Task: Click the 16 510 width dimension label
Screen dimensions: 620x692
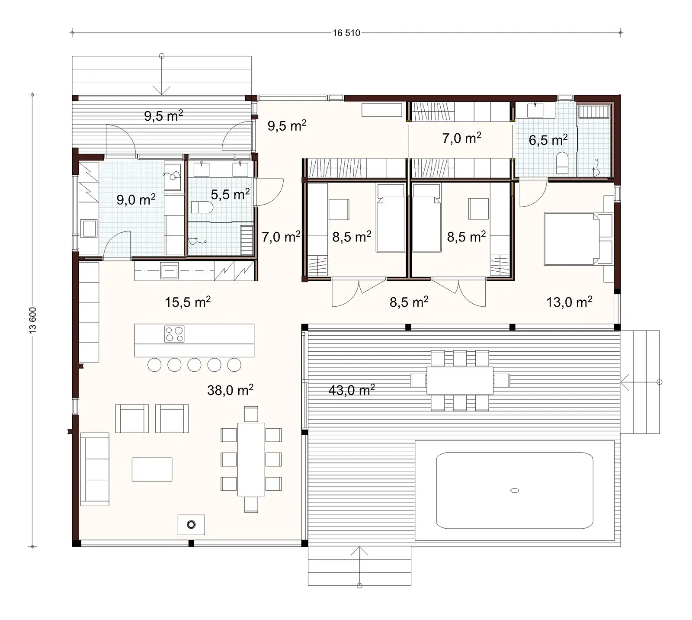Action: click(x=346, y=33)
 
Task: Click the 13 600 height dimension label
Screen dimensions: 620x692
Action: click(x=33, y=320)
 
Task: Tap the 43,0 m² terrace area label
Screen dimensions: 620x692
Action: click(x=351, y=390)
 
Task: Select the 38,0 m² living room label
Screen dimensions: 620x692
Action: click(x=230, y=390)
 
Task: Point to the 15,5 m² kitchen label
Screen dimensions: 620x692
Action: click(x=188, y=302)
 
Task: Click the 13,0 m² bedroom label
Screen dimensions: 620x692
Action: click(x=569, y=302)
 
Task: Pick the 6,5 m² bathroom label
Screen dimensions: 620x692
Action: click(x=548, y=140)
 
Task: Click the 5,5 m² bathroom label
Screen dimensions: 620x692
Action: click(x=230, y=194)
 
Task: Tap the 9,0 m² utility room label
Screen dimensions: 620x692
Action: click(x=136, y=200)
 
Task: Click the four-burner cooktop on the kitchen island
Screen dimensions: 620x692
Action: click(x=174, y=334)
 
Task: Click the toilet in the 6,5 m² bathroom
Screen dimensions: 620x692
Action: click(x=562, y=162)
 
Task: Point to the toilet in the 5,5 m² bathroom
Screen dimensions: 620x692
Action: click(x=202, y=208)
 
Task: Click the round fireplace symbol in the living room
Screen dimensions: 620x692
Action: click(x=191, y=525)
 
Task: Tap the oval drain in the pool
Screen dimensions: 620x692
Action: click(x=514, y=491)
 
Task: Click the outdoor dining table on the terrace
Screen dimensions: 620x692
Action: click(x=460, y=381)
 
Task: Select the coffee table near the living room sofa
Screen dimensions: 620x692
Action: click(x=152, y=469)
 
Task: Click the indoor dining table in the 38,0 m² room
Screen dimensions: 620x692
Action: click(x=251, y=459)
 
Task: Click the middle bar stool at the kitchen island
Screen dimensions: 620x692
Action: click(x=194, y=365)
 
